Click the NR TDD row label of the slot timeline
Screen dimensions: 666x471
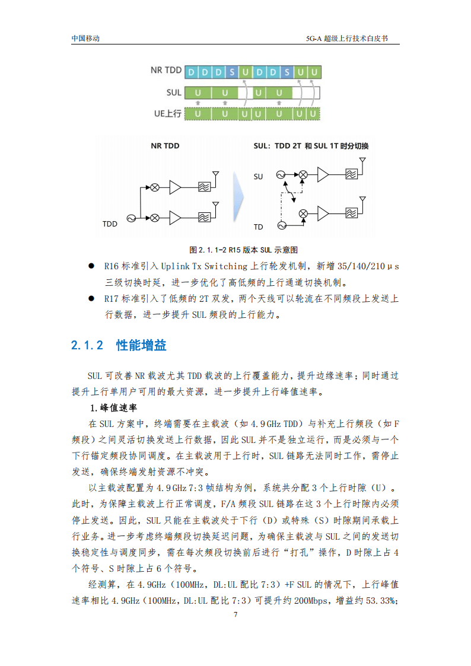point(166,71)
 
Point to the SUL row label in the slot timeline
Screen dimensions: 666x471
point(173,93)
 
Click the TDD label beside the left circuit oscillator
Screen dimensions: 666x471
point(110,224)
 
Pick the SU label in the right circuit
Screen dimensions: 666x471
point(258,177)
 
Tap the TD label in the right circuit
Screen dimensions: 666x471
point(258,227)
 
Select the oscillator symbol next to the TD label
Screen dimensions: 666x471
point(281,225)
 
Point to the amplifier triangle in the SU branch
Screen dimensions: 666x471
point(323,174)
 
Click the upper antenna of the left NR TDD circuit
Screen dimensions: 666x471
point(215,177)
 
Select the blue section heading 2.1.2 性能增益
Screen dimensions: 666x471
point(119,345)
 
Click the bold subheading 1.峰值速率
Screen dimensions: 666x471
point(113,408)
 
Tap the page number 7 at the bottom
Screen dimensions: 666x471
point(235,614)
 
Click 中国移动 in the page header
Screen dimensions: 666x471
point(85,38)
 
